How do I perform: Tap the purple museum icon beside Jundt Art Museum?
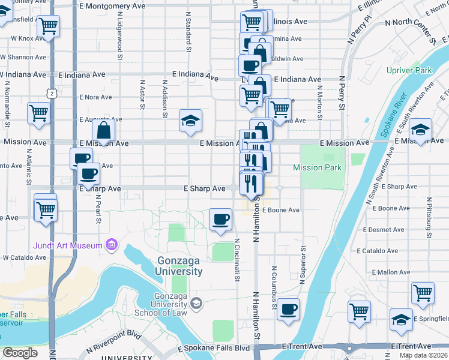tap(110, 244)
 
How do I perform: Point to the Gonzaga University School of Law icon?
tap(196, 304)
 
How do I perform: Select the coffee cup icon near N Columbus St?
tap(288, 308)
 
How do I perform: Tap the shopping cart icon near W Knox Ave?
tap(48, 26)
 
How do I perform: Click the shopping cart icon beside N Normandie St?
tap(38, 112)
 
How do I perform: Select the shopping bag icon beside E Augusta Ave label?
tap(104, 129)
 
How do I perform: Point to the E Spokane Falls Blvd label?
tap(213, 348)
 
